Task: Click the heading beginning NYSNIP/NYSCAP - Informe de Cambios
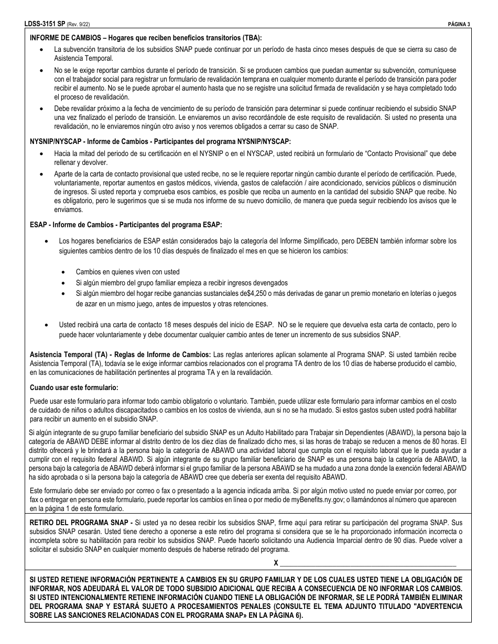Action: click(159, 141)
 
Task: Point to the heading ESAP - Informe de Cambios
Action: click(126, 225)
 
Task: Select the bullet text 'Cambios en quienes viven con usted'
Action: click(127, 272)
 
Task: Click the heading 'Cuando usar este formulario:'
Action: click(74, 387)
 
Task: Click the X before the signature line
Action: click(276, 563)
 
